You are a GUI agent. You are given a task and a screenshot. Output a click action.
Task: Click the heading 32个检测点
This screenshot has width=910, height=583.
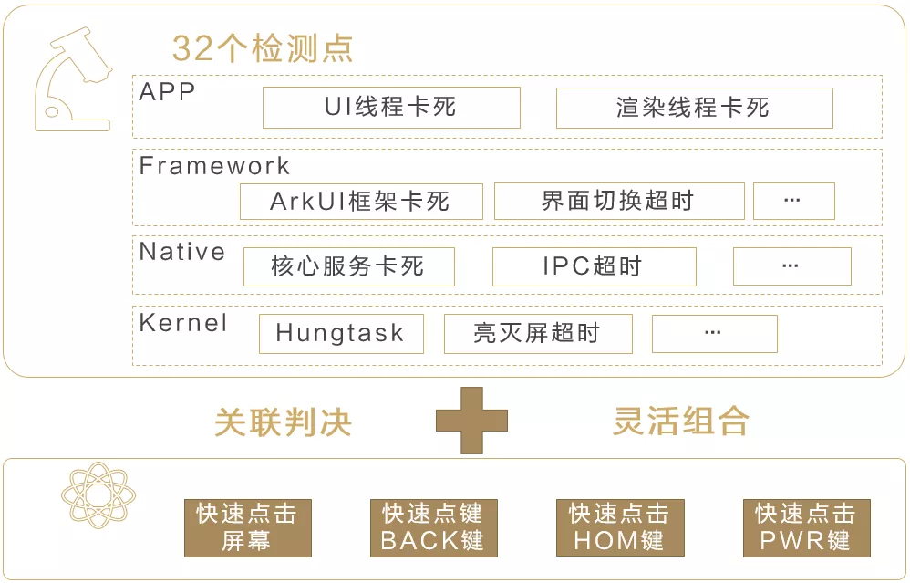(262, 48)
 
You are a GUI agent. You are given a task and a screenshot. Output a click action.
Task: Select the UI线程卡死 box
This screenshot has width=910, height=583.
(391, 108)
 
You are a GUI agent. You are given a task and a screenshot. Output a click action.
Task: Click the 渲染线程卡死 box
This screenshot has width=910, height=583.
(694, 108)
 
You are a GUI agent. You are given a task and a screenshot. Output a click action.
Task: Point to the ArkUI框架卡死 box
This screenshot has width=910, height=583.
(361, 201)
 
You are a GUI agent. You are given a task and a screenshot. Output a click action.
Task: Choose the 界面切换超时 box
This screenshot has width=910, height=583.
(618, 201)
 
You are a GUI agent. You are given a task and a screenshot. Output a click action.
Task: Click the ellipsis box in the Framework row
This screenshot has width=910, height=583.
(793, 201)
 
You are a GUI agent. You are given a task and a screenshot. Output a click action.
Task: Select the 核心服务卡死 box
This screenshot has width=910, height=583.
(348, 266)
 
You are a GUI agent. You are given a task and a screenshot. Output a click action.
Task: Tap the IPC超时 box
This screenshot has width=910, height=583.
(594, 266)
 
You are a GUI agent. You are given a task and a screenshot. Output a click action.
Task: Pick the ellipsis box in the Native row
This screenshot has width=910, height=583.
(791, 266)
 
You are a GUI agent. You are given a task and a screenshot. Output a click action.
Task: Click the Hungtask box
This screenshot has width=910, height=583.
(341, 334)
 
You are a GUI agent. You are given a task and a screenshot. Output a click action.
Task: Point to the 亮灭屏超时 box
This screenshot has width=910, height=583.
(538, 334)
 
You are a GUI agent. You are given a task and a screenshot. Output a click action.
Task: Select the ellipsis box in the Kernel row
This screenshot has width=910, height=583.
(714, 334)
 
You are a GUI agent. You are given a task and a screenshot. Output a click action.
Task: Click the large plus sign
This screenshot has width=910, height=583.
(471, 421)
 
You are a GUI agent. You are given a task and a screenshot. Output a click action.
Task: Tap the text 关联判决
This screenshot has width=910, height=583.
(283, 422)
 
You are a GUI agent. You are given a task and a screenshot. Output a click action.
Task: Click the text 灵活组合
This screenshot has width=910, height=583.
(680, 421)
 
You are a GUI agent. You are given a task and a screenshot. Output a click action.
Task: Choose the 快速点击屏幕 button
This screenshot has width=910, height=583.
(247, 527)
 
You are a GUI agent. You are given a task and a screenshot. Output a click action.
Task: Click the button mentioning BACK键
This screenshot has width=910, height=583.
(433, 527)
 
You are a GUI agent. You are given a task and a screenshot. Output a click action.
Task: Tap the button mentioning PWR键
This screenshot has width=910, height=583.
(806, 527)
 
